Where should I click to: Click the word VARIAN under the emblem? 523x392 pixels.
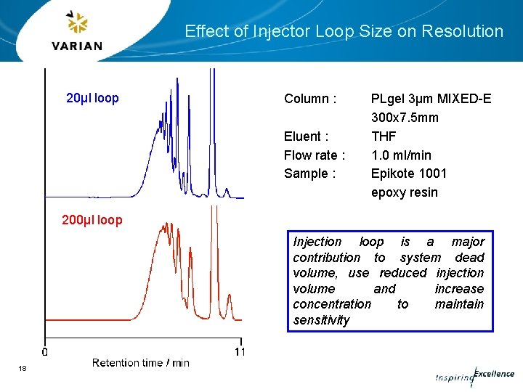coord(77,46)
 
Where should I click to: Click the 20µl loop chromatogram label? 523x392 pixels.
coord(92,98)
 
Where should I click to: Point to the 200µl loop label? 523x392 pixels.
coord(92,220)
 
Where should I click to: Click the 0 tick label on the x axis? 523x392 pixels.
coord(45,352)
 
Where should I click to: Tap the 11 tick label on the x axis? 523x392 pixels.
coord(240,352)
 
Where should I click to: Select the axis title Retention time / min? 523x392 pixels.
coord(140,363)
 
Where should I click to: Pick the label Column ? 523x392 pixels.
coord(310,99)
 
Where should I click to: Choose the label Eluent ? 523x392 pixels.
coord(306,136)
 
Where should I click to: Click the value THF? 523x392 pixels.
coord(384,136)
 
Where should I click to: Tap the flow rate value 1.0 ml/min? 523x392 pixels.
coord(401,155)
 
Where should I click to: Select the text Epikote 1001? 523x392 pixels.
coord(409,173)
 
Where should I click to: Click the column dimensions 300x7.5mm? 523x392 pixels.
coord(405,118)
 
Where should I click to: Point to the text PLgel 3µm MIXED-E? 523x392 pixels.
coord(431,99)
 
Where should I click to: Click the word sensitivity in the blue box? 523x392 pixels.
coord(321,320)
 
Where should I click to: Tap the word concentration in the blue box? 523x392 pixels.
coord(332,304)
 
